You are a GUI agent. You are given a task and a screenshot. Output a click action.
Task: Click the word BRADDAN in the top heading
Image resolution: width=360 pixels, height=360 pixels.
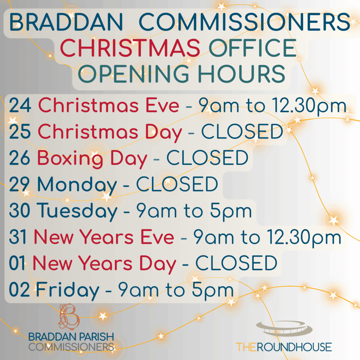click(x=66, y=22)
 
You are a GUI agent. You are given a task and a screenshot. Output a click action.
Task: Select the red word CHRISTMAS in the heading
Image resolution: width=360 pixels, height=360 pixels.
click(x=130, y=48)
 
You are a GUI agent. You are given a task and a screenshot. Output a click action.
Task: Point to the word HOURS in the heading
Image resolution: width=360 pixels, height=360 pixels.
click(x=242, y=73)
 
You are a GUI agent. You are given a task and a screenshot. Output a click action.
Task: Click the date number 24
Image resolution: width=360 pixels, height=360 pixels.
click(x=20, y=105)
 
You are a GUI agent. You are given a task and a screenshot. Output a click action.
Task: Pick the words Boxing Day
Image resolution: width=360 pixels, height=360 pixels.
click(x=92, y=159)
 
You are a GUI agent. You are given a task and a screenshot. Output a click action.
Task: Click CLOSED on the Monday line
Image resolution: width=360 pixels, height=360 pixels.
click(x=177, y=184)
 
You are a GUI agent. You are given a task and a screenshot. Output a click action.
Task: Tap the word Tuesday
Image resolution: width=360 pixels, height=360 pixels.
click(x=77, y=211)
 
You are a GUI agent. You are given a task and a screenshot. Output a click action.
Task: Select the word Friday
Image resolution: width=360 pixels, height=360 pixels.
click(x=67, y=290)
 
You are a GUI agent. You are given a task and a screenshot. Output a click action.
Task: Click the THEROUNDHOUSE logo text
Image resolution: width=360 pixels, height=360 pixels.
click(x=284, y=347)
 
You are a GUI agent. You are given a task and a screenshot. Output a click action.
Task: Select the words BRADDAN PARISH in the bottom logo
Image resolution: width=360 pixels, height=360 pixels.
click(x=71, y=337)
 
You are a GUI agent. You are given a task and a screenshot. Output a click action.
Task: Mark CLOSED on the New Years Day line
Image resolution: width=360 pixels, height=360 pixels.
click(x=236, y=263)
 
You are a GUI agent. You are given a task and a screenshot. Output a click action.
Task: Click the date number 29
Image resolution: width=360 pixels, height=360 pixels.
click(x=20, y=184)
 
